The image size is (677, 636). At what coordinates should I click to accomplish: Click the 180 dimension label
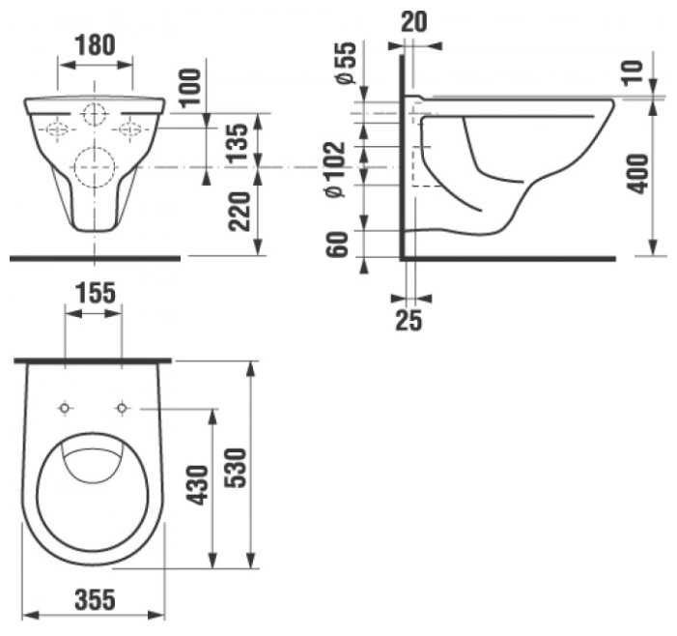click(95, 44)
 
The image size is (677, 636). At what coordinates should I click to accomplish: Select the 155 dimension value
click(96, 293)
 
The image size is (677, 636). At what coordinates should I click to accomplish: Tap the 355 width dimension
click(95, 599)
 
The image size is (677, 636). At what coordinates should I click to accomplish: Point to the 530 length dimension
click(236, 468)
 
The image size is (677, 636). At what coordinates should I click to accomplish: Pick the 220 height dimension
click(240, 212)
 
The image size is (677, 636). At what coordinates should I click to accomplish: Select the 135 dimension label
click(238, 143)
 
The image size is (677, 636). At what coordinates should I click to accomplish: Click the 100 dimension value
click(190, 88)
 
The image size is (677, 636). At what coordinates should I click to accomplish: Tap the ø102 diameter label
click(335, 169)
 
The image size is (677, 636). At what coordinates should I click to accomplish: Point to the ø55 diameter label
click(346, 63)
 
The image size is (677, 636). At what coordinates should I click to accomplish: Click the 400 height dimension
click(637, 174)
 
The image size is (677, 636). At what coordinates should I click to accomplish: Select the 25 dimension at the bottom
click(409, 320)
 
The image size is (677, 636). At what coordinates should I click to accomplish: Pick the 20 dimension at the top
click(414, 22)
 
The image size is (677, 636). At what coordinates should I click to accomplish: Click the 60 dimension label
click(337, 245)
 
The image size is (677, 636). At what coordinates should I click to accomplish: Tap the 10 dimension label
click(633, 72)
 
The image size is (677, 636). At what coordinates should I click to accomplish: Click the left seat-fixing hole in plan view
click(65, 408)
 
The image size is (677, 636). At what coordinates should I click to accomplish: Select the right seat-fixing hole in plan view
click(122, 408)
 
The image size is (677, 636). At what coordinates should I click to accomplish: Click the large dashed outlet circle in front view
click(95, 167)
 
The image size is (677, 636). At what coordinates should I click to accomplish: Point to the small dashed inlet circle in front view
click(95, 114)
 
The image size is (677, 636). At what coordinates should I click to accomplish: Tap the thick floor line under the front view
click(95, 258)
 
